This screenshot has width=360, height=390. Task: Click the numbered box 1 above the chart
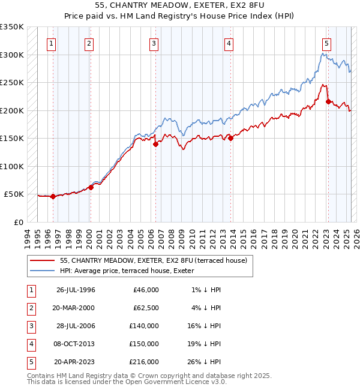(x=52, y=43)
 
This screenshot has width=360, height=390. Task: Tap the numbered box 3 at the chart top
(x=154, y=43)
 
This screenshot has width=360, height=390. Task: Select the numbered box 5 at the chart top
(x=326, y=43)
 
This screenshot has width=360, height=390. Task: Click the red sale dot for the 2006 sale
(x=155, y=144)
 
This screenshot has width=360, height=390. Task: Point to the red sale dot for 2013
(x=231, y=139)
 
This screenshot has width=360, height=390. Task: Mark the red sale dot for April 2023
(x=328, y=102)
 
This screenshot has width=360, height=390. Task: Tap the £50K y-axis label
(x=14, y=194)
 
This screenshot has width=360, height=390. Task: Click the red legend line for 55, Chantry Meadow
(x=43, y=261)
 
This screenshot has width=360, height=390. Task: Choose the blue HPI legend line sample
(x=43, y=271)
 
